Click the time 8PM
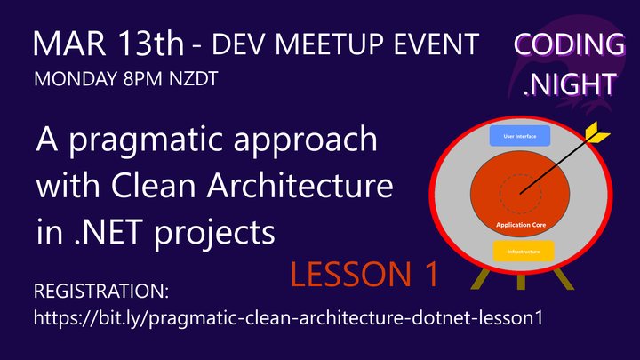pyautogui.click(x=142, y=78)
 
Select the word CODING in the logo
pyautogui.click(x=569, y=44)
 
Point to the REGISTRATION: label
pyautogui.click(x=100, y=292)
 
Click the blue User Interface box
pyautogui.click(x=521, y=137)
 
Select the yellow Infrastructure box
pyautogui.click(x=524, y=252)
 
